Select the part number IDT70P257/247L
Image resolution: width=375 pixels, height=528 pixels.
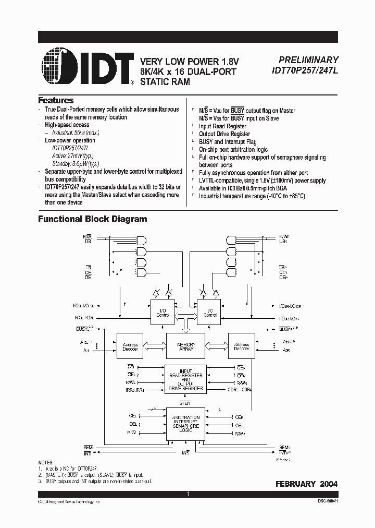tap(305, 71)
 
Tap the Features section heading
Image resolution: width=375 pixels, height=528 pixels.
tap(56, 100)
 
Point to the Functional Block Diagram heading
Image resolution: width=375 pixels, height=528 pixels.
tap(92, 219)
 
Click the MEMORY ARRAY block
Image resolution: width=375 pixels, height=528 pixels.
tap(186, 347)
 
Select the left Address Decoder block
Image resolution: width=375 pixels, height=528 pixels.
tap(130, 347)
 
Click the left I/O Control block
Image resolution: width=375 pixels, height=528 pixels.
tap(162, 313)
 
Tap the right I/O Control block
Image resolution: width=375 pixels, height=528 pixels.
tap(209, 313)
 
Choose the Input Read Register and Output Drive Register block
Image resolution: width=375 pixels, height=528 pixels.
tap(185, 378)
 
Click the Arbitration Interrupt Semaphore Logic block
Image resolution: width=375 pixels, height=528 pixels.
tap(185, 423)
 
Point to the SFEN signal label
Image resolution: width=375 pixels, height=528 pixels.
tap(185, 402)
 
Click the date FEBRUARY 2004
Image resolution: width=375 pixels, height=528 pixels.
tap(306, 484)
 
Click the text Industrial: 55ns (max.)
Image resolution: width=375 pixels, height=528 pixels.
tap(75, 133)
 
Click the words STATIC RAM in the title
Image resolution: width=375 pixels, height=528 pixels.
tap(165, 82)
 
